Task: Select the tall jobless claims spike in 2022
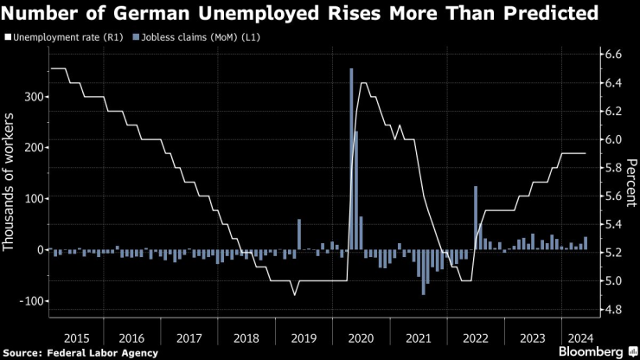[476, 217]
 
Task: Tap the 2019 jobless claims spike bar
[298, 234]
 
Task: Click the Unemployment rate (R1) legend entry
[59, 37]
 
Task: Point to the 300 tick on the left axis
[31, 96]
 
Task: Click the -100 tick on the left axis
[29, 300]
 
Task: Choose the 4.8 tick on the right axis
[612, 309]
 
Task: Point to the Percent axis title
[632, 183]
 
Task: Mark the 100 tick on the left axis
[31, 198]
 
